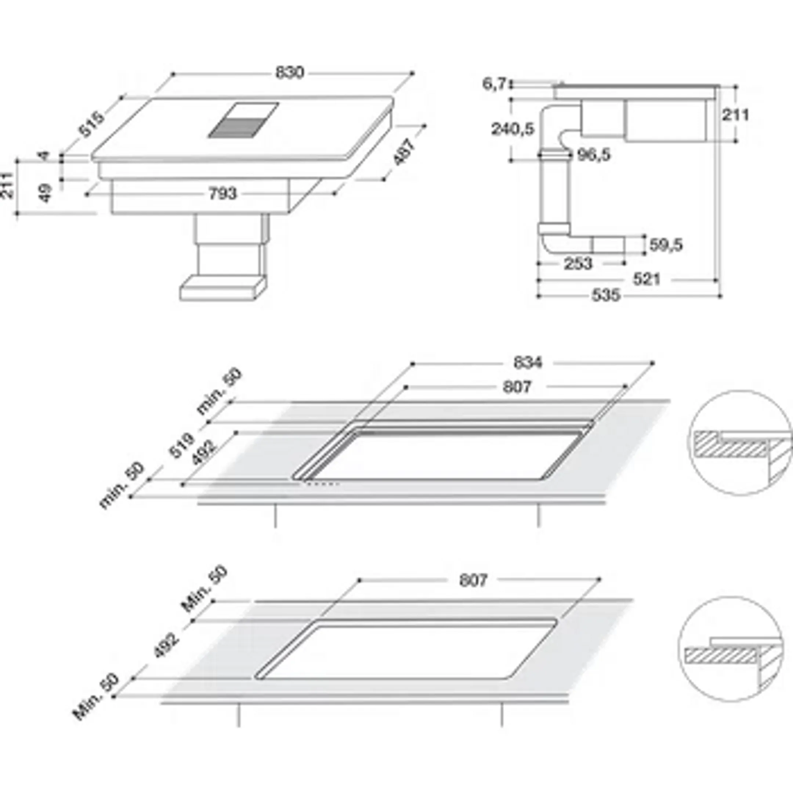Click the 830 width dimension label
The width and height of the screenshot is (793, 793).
(x=290, y=73)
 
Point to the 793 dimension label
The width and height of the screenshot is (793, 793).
(x=223, y=193)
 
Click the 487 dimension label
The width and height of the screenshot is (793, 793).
(x=404, y=152)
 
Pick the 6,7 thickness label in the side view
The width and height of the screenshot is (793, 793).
(x=494, y=84)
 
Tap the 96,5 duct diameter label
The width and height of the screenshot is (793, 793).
(x=594, y=155)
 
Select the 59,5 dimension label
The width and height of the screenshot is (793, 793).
(x=666, y=245)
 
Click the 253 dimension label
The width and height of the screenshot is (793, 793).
(x=578, y=264)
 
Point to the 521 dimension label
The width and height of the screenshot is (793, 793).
(x=647, y=279)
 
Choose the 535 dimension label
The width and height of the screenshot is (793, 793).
(x=605, y=295)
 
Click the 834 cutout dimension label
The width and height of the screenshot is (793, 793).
(x=528, y=362)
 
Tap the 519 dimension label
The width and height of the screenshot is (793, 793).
(x=181, y=446)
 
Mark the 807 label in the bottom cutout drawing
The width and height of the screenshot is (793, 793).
(x=473, y=580)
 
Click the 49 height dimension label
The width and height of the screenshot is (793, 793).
(x=46, y=193)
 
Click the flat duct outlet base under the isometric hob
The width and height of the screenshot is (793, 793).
(x=222, y=289)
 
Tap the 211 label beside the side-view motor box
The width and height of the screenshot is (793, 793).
(x=735, y=115)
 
